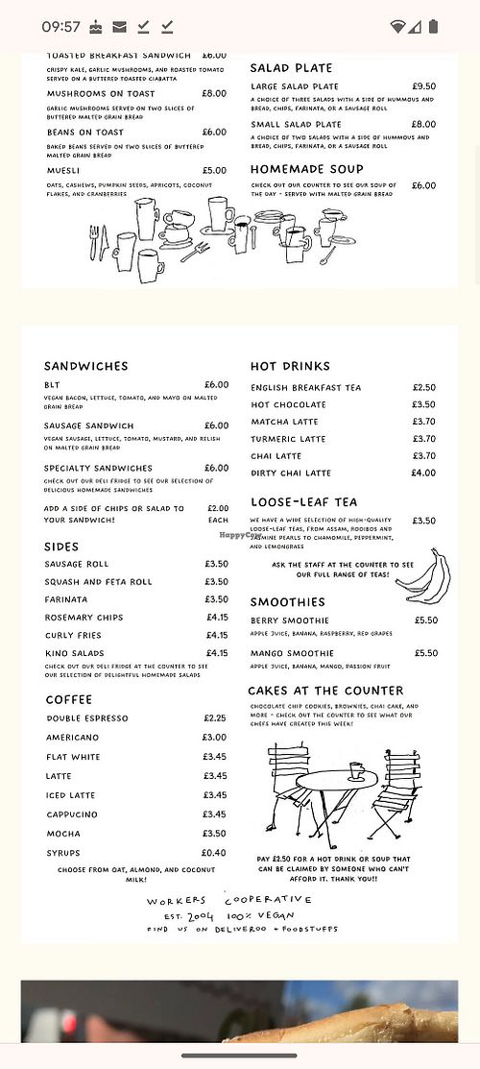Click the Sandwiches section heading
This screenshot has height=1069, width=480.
[85, 366]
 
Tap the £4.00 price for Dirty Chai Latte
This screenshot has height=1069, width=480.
[422, 473]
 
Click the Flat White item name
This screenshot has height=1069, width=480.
[73, 757]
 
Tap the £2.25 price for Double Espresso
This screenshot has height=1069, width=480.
[214, 718]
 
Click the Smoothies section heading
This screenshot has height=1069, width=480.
[288, 602]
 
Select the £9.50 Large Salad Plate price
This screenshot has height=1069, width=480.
[423, 86]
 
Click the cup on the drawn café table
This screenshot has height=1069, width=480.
[356, 770]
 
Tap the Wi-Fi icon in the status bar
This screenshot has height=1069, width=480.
[398, 26]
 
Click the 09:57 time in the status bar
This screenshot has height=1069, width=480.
[60, 26]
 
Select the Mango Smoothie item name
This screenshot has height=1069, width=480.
[293, 653]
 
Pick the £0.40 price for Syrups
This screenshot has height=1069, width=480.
[214, 853]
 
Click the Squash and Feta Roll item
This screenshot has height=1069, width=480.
[98, 581]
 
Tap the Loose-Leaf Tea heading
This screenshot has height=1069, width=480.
[303, 502]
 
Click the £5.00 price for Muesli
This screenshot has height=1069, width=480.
[214, 171]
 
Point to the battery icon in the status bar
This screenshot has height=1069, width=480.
[441, 26]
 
